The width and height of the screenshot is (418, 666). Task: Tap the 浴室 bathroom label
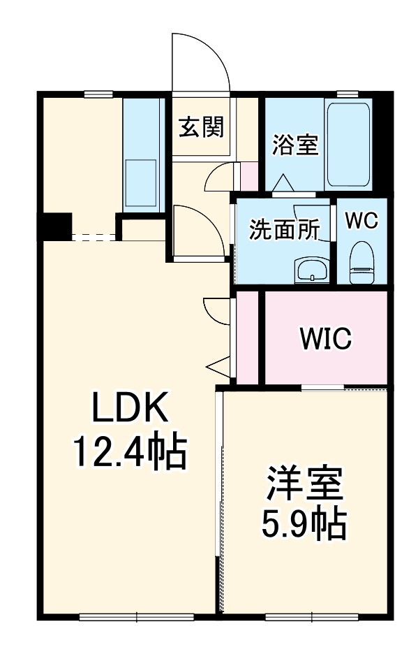295,145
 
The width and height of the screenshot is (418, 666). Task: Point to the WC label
361,220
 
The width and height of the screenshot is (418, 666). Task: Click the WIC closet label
325,339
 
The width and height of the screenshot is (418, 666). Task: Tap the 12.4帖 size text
130,453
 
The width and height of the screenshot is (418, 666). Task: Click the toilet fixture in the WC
361,261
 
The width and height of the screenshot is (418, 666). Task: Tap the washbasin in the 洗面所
311,270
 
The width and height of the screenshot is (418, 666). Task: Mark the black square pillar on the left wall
54,225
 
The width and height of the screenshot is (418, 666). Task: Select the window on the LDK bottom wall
137,616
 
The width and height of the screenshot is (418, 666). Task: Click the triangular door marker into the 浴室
284,183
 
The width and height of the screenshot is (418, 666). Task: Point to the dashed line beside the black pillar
94,237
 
